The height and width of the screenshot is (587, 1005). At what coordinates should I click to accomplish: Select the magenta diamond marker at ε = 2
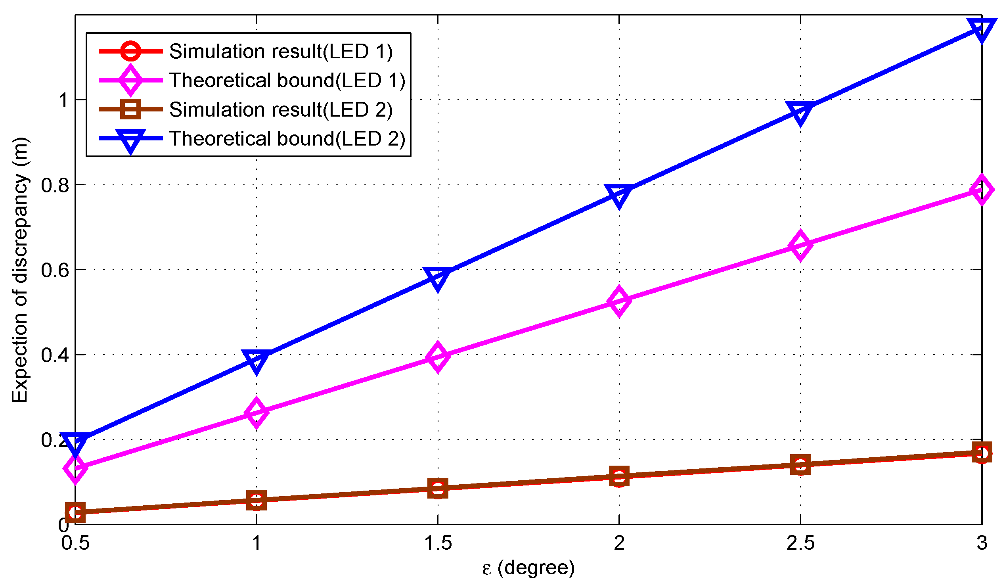pyautogui.click(x=619, y=301)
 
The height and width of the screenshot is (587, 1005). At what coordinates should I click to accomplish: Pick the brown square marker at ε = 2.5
pyautogui.click(x=800, y=465)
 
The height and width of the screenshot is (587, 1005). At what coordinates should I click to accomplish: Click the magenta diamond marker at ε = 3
pyautogui.click(x=981, y=189)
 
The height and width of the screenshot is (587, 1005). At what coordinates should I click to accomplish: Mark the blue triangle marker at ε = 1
pyautogui.click(x=257, y=361)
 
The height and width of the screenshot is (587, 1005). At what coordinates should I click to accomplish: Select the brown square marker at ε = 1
pyautogui.click(x=257, y=501)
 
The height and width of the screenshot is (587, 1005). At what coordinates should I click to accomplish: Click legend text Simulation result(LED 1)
pyautogui.click(x=281, y=52)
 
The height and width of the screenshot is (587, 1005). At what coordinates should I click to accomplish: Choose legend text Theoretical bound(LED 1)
pyautogui.click(x=287, y=81)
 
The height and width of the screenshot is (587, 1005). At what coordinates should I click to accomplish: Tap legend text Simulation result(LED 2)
pyautogui.click(x=281, y=110)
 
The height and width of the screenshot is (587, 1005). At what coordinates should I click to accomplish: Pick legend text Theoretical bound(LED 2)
pyautogui.click(x=287, y=139)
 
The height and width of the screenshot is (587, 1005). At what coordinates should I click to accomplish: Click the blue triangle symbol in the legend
pyautogui.click(x=130, y=140)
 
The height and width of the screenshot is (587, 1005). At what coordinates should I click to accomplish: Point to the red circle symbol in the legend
pyautogui.click(x=130, y=51)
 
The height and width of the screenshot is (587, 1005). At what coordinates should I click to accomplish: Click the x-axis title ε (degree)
pyautogui.click(x=528, y=568)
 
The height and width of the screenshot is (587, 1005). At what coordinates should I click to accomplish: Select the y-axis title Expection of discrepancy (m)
pyautogui.click(x=20, y=270)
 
